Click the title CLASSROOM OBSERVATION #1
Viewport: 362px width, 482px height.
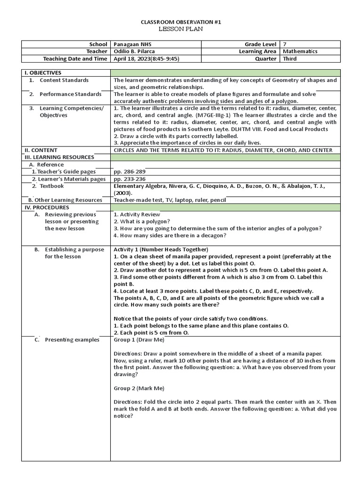click(x=181, y=22)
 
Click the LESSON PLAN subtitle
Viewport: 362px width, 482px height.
click(x=181, y=29)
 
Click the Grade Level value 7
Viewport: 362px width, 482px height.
click(x=285, y=44)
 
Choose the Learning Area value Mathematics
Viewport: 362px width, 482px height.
click(x=300, y=51)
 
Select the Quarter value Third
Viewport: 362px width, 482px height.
click(x=290, y=59)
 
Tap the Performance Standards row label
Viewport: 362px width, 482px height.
click(x=70, y=94)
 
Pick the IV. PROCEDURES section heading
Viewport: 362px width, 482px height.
click(x=47, y=207)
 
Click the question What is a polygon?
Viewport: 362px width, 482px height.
click(x=142, y=221)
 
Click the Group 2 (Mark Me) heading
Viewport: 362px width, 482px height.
click(x=139, y=388)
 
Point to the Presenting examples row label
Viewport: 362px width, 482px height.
click(x=72, y=340)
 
